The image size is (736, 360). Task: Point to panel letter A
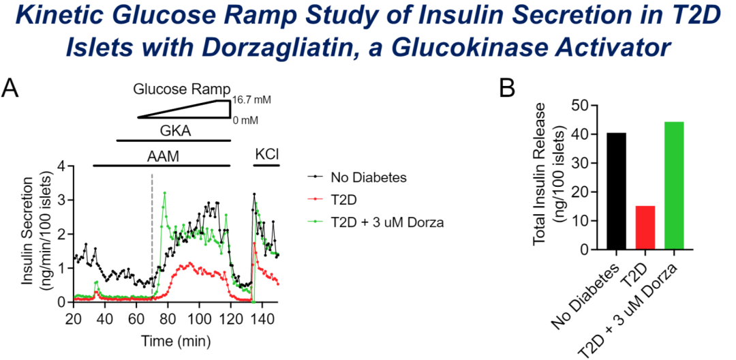tap(12, 88)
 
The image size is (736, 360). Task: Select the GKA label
tap(175, 129)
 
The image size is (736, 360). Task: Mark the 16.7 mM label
tap(251, 100)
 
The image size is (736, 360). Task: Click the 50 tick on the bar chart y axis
tap(581, 106)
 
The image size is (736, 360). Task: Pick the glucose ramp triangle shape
tap(198, 110)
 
